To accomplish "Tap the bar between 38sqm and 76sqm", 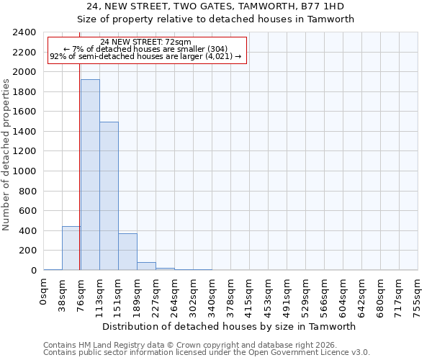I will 71,248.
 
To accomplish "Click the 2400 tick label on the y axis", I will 24,33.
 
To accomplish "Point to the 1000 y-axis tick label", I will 24,171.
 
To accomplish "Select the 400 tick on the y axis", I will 27,231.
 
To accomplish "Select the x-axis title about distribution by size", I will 230,326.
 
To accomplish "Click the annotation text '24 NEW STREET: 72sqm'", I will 146,42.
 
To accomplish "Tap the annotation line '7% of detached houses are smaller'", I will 146,49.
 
